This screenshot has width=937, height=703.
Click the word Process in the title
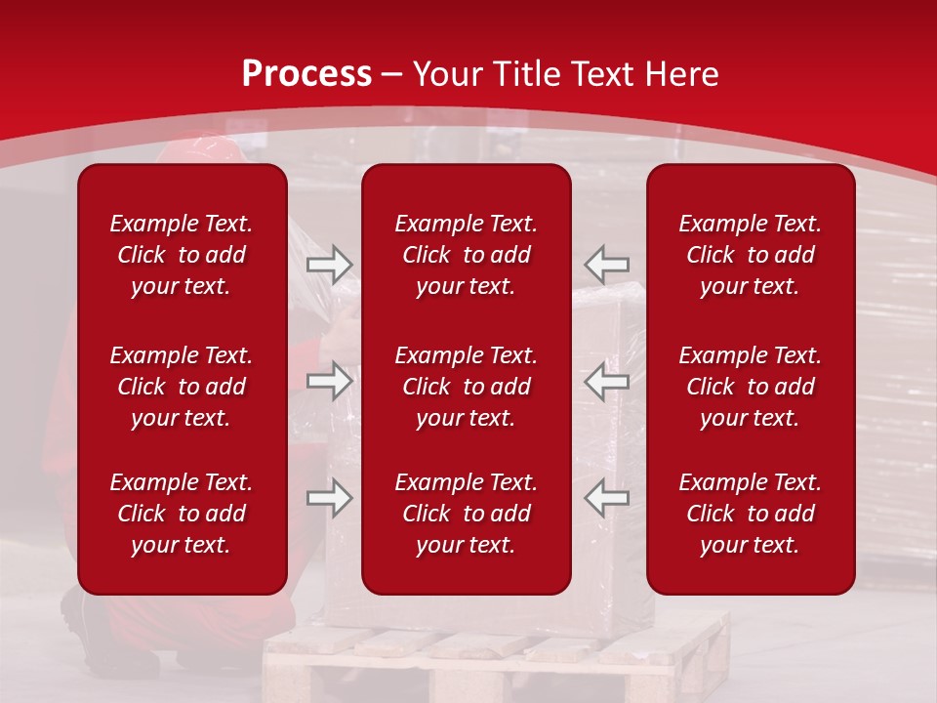click(x=306, y=74)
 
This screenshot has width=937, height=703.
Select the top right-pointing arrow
click(x=330, y=265)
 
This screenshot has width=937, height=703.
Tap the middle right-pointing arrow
click(x=330, y=382)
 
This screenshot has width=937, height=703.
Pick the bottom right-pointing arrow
click(x=330, y=498)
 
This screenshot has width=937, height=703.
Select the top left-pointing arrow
click(x=606, y=265)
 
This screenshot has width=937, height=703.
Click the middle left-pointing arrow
click(x=606, y=382)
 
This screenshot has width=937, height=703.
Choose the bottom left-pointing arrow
click(x=606, y=498)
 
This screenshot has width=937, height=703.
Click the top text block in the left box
click(x=182, y=255)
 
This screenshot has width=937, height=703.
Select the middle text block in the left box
click(x=182, y=387)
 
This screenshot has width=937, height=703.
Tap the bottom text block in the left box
click(x=182, y=514)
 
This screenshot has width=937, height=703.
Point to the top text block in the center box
click(x=466, y=255)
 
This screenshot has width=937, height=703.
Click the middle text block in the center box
click(x=466, y=387)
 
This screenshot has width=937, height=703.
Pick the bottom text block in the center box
click(x=466, y=514)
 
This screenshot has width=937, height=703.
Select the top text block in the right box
click(x=750, y=255)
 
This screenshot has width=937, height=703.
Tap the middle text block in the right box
click(x=750, y=387)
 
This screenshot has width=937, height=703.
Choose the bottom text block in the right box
click(x=750, y=514)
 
